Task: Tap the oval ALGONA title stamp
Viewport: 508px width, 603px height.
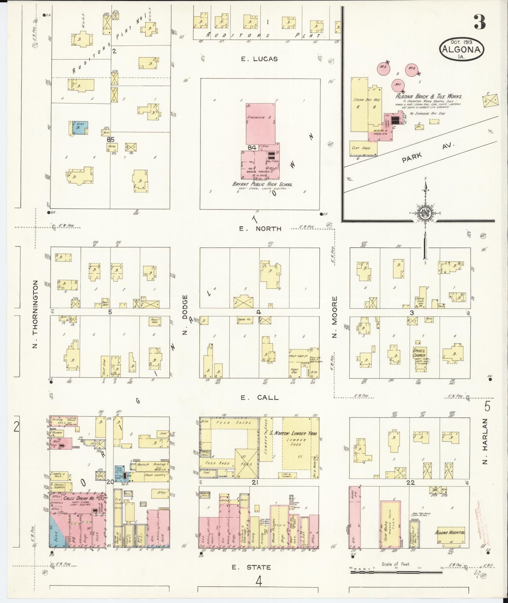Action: tap(462, 49)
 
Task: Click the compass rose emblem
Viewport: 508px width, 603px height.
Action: tap(425, 213)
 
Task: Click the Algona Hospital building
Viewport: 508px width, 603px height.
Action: tap(451, 532)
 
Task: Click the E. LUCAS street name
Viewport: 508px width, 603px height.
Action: tap(259, 59)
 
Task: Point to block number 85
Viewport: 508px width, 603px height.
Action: tap(110, 139)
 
